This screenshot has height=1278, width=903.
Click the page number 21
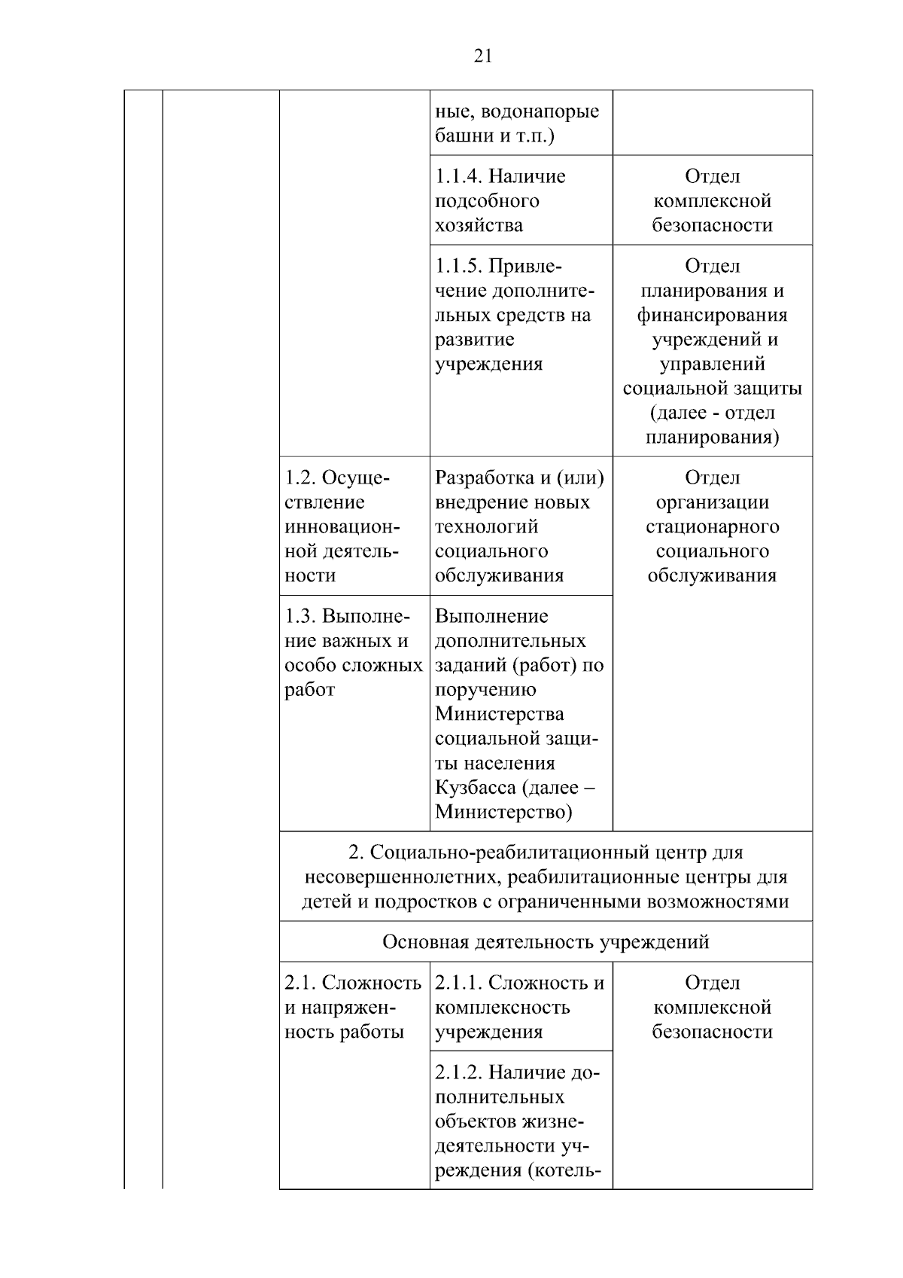[483, 56]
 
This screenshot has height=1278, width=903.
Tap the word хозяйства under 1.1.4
[479, 225]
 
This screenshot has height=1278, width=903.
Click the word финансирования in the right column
[712, 315]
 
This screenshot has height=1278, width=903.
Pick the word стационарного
[712, 526]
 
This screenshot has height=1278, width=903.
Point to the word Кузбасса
[476, 788]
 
